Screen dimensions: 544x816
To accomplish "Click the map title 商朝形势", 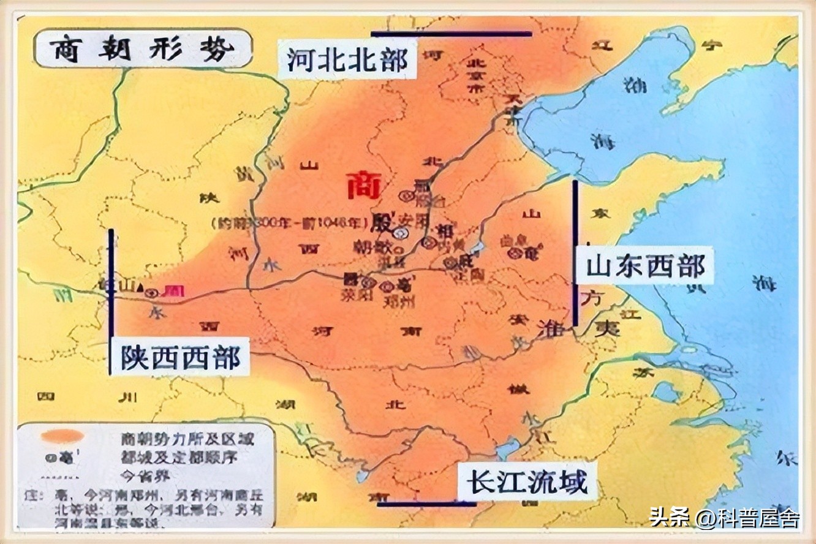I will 142,49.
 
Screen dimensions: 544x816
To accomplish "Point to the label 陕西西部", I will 180,357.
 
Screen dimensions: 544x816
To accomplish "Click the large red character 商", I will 364,184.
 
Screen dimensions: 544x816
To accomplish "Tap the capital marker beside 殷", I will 401,232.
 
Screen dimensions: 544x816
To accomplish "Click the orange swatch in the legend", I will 61,437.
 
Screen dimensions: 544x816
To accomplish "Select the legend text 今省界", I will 145,475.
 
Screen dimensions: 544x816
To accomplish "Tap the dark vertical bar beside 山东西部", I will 575,252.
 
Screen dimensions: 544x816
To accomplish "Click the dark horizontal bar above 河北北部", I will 451,34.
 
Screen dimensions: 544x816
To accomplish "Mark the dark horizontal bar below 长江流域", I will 427,504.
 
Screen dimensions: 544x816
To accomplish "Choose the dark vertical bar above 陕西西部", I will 111,300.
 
